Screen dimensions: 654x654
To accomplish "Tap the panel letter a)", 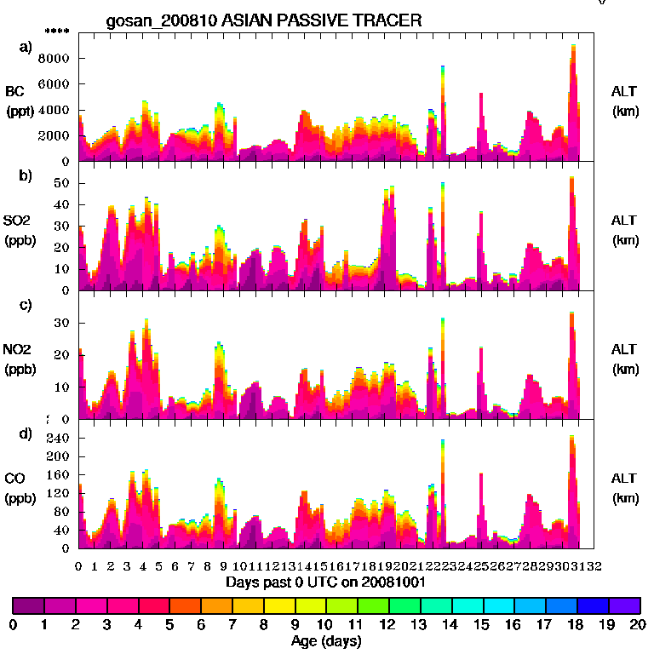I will point(26,47).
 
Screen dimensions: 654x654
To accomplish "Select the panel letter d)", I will point(26,433).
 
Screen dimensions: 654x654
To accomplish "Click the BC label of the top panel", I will point(15,91).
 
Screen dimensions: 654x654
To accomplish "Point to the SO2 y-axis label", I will point(15,221).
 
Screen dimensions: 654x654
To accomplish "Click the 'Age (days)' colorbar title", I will point(326,641).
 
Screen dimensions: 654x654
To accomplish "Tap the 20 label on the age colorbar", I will point(637,624).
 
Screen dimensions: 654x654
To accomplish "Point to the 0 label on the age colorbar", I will point(13,624).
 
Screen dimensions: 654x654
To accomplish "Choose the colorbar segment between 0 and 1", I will point(28,605).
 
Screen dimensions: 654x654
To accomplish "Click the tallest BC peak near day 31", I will point(574,47).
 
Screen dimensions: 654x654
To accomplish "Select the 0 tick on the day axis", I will point(78,565).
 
